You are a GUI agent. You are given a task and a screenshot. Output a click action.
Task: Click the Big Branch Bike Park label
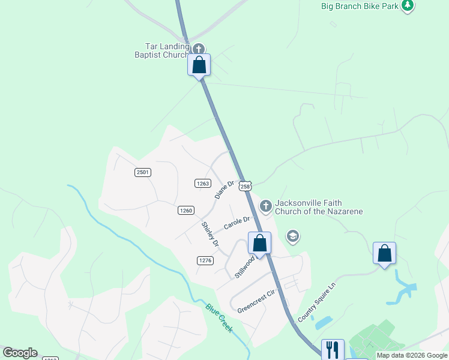pos(360,6)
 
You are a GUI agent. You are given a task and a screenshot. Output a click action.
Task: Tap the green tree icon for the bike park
pos(408,6)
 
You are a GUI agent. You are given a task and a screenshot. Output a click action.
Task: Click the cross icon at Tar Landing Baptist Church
pos(199,49)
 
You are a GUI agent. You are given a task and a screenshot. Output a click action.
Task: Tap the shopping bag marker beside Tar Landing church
pos(199,65)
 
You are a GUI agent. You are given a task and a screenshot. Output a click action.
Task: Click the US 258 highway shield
pos(244,186)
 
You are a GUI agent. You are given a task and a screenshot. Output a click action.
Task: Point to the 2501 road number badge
pos(142,172)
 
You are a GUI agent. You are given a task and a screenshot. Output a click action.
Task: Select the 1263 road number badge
pos(202,183)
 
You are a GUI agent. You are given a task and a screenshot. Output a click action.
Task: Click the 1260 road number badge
pos(185,210)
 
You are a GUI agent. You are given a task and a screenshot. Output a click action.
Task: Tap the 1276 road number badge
pos(205,260)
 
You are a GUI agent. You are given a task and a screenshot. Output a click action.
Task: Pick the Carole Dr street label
pos(237,223)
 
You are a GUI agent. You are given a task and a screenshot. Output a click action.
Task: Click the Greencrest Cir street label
pos(255,302)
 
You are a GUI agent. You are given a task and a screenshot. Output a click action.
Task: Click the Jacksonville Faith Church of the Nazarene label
pos(318,207)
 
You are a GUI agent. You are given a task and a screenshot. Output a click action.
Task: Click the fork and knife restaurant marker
pos(333,349)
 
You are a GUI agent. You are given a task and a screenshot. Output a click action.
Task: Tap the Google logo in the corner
pos(20,353)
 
